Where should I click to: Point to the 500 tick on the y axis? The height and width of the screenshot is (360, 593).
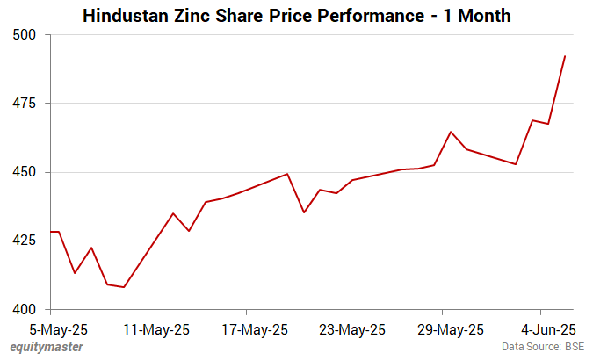(28, 35)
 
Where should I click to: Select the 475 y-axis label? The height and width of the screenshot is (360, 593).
(28, 104)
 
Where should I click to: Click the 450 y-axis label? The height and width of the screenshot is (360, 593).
(28, 172)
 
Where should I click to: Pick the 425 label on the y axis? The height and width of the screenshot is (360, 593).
(28, 241)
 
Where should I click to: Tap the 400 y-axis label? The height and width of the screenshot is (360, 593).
(28, 309)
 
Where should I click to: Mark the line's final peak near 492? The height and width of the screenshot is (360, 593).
(564, 56)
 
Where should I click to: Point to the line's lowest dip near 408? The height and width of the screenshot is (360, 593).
(124, 287)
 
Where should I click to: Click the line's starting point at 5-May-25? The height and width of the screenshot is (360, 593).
(52, 232)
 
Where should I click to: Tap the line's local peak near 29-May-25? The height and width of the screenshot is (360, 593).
(451, 132)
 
